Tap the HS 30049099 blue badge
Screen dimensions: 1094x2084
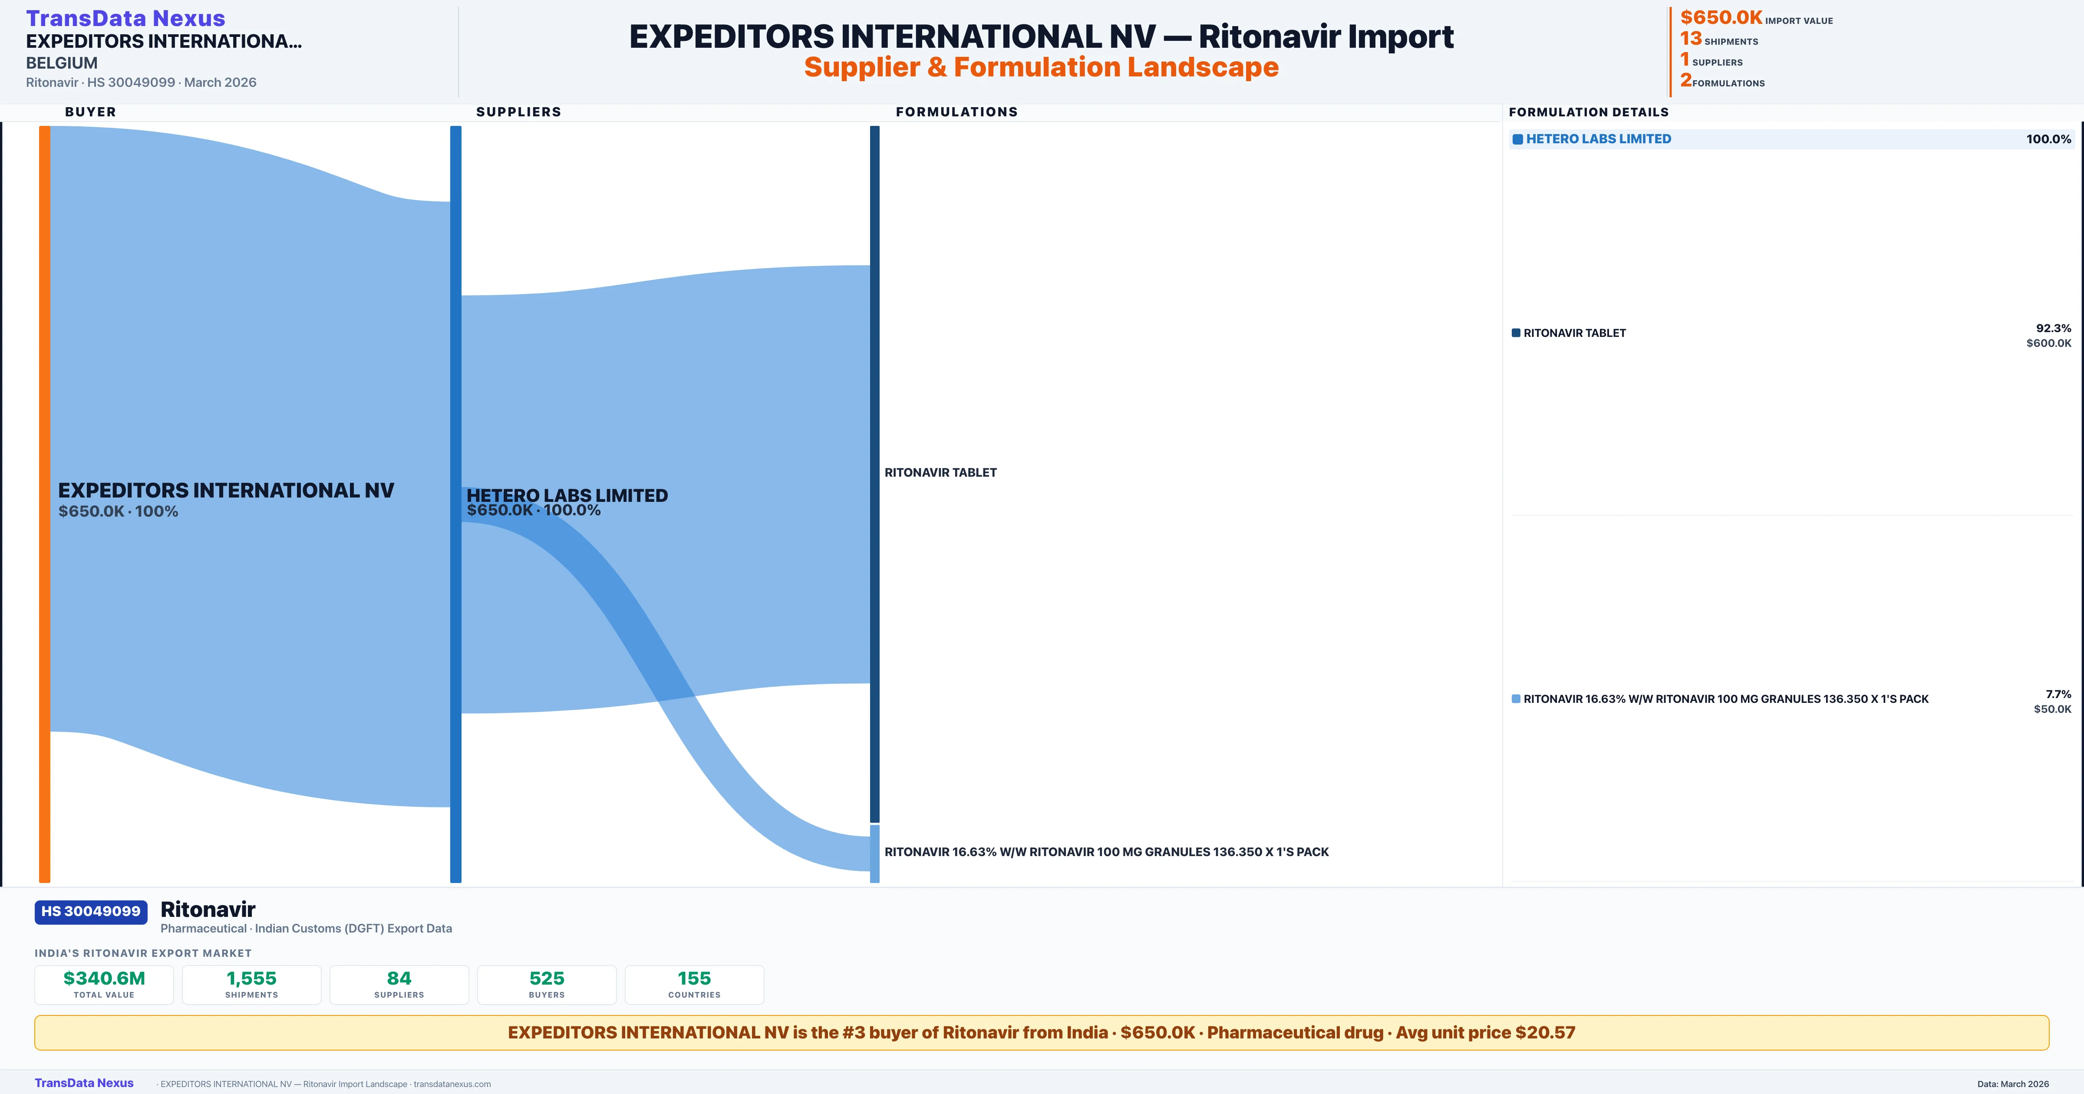[x=91, y=911]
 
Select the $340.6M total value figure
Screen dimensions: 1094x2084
[x=104, y=978]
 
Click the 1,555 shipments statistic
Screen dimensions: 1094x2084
[x=252, y=978]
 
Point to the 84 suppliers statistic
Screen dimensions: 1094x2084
[x=399, y=978]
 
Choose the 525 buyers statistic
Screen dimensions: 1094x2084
[x=547, y=978]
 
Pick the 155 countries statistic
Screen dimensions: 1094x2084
[x=694, y=978]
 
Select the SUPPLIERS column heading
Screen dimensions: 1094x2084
[x=518, y=112]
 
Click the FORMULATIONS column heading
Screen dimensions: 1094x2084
[x=956, y=112]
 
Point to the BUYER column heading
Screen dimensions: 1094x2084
[x=91, y=112]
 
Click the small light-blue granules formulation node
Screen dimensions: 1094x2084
[x=874, y=853]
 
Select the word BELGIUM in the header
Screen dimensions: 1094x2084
[x=62, y=63]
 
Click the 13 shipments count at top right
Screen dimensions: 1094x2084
[x=1691, y=39]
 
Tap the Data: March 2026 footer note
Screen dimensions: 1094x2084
[x=2013, y=1084]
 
